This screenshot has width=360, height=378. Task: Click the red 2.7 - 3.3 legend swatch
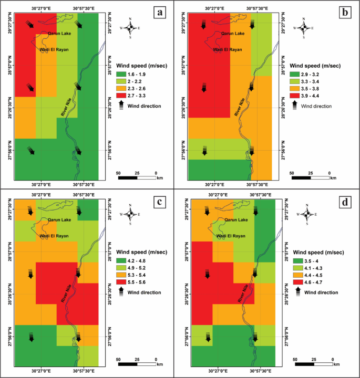point(122,97)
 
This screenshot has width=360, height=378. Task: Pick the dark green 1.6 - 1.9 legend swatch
point(122,75)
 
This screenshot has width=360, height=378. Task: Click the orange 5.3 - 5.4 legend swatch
point(122,275)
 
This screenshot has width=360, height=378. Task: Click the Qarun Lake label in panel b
point(233,34)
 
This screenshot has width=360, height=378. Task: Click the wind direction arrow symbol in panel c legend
point(122,291)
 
